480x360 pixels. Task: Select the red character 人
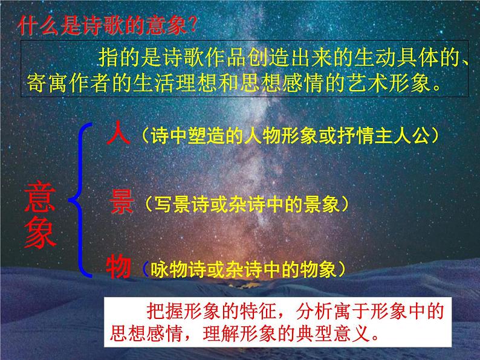117,133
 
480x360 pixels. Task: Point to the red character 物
120,266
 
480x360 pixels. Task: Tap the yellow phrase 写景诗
171,205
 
